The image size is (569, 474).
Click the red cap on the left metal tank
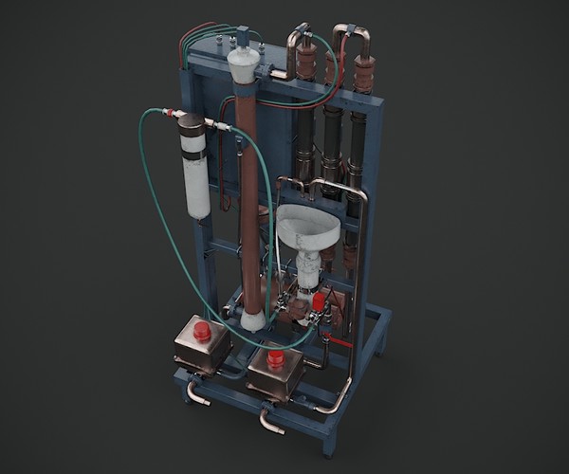(201, 331)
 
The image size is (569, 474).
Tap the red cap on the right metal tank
(275, 359)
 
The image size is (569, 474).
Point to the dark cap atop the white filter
(193, 129)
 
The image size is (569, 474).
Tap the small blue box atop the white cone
(242, 38)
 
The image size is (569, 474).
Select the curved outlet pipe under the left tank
(198, 392)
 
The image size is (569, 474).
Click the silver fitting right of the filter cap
(222, 125)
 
